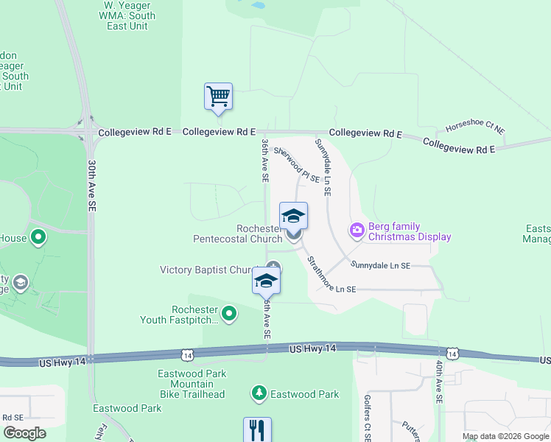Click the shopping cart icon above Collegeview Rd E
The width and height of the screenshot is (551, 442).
pyautogui.click(x=218, y=97)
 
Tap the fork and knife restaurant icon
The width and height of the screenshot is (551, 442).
pyautogui.click(x=257, y=429)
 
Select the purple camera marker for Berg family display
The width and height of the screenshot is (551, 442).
pyautogui.click(x=357, y=231)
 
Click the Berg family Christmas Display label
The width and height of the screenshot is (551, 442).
pyautogui.click(x=409, y=231)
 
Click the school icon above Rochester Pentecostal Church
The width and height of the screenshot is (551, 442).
pyautogui.click(x=293, y=216)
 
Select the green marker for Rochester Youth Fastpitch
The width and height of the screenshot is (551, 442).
pyautogui.click(x=230, y=315)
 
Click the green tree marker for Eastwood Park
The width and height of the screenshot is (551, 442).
pyautogui.click(x=259, y=394)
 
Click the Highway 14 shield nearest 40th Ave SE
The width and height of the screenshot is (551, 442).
pyautogui.click(x=452, y=355)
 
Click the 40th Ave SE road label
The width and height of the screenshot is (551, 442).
pyautogui.click(x=439, y=382)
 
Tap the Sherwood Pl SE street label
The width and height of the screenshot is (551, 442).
pyautogui.click(x=297, y=164)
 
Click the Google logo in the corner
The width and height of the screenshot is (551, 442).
pyautogui.click(x=24, y=433)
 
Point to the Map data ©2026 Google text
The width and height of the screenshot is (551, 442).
pyautogui.click(x=505, y=436)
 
